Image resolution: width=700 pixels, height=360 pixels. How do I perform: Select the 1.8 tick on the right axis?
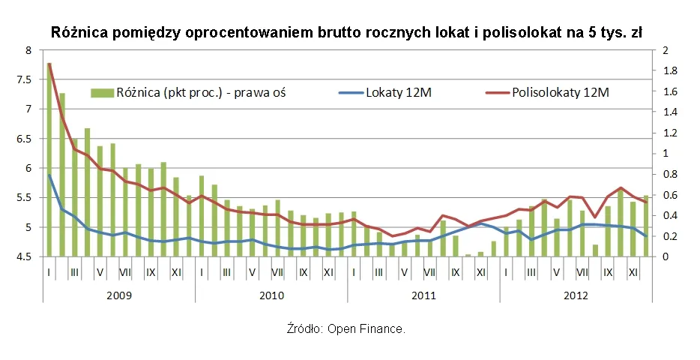point(669,70)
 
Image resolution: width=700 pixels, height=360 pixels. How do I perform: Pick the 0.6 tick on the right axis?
point(669,195)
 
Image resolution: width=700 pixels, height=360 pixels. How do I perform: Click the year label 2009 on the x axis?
point(118,295)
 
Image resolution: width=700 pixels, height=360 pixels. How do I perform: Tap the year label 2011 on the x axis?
point(423,295)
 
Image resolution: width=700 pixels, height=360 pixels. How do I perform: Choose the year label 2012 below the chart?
point(576,295)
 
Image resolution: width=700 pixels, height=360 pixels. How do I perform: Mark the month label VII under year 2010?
point(278,272)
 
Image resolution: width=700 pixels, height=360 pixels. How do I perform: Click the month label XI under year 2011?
point(481,272)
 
